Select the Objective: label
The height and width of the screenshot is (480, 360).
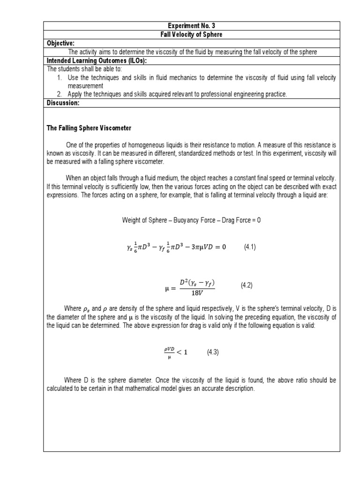click(x=61, y=44)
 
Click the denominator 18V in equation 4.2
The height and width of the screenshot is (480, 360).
click(x=197, y=292)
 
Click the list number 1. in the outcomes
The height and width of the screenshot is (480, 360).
click(x=60, y=77)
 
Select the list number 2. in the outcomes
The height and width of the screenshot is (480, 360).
click(x=60, y=95)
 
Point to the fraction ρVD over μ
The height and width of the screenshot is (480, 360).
click(x=169, y=353)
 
